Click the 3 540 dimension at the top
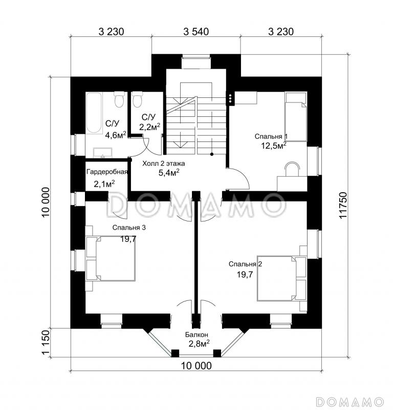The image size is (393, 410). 196,32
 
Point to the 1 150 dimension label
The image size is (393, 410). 46,342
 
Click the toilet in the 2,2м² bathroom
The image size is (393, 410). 137,99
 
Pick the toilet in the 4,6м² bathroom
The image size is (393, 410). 119,99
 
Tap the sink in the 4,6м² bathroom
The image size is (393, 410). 103,153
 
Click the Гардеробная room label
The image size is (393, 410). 107,172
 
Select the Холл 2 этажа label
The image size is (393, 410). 163,163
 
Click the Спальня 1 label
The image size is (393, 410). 271,136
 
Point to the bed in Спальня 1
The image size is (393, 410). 296,117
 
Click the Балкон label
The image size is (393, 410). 196,335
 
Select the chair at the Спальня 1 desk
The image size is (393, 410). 292,169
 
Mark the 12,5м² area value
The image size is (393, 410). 274,145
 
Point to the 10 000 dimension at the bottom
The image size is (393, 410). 196,366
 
